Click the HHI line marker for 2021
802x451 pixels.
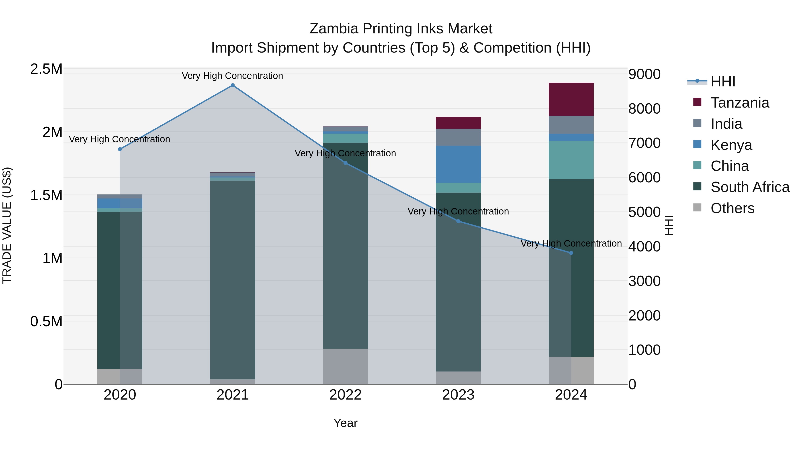tap(233, 85)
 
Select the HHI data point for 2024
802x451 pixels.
tap(571, 253)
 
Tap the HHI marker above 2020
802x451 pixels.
tap(120, 149)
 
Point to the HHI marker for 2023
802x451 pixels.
tap(458, 221)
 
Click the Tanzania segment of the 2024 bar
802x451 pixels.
tap(571, 99)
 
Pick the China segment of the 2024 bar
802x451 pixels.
tap(571, 160)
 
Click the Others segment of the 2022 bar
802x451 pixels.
tap(345, 366)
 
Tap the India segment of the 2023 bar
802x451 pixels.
tap(458, 137)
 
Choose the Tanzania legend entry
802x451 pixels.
tap(740, 103)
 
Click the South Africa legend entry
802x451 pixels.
tap(750, 187)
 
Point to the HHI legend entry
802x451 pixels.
tap(723, 82)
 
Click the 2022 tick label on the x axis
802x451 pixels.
tap(345, 395)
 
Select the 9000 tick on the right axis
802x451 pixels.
tap(644, 74)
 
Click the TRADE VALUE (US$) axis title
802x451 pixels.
tap(7, 225)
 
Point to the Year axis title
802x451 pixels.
tap(345, 423)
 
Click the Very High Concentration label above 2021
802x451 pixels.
tap(232, 76)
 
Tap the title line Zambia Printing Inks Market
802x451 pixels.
tap(401, 29)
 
